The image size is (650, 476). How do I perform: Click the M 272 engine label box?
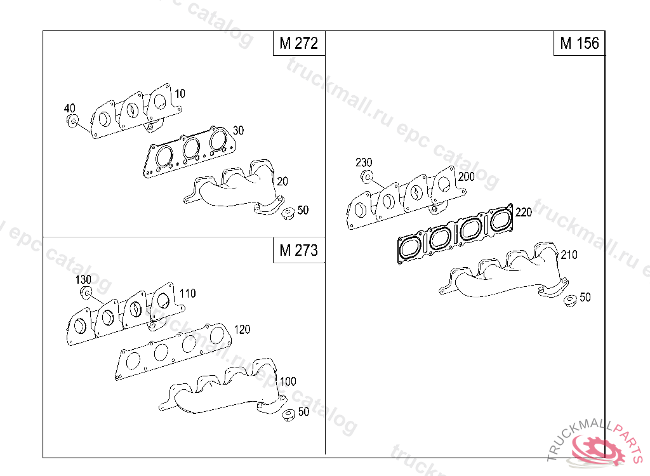tap(299, 43)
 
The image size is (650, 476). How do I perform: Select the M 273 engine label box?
tap(299, 250)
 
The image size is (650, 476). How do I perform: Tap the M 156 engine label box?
tap(579, 43)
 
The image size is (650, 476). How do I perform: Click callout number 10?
tap(180, 94)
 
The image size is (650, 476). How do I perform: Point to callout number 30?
tap(239, 130)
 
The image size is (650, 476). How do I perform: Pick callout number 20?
tap(282, 181)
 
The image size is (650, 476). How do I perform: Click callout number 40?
tap(70, 109)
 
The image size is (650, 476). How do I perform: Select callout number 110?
tap(187, 294)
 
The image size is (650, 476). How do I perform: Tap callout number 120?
tap(242, 329)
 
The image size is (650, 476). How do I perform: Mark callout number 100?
tap(288, 381)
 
